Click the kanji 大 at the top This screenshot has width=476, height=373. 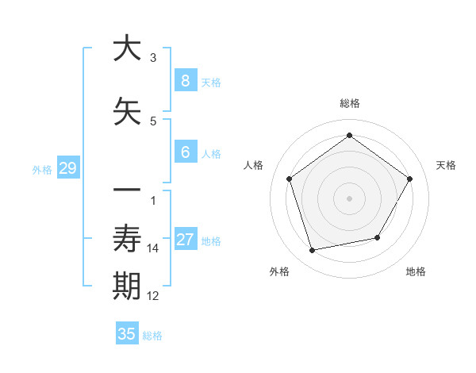click(127, 48)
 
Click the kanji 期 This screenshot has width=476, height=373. click(127, 287)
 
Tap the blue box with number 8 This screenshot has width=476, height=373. click(185, 81)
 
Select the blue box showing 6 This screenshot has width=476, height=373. click(185, 153)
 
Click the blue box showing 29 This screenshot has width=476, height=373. click(67, 168)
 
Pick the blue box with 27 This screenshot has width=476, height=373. click(185, 240)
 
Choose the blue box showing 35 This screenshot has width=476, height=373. click(127, 334)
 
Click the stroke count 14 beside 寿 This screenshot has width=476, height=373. click(153, 248)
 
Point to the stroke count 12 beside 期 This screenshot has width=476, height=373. click(153, 296)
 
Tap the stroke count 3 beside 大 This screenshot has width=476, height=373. click(153, 58)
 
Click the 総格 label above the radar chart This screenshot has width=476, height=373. click(349, 103)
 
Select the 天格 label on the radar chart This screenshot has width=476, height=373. click(446, 165)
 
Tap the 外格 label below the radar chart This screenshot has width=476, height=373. click(279, 271)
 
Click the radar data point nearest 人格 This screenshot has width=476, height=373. click(290, 179)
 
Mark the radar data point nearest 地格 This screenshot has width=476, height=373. click(378, 237)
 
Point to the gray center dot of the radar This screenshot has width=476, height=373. click(349, 198)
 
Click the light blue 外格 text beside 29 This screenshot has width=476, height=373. click(41, 169)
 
